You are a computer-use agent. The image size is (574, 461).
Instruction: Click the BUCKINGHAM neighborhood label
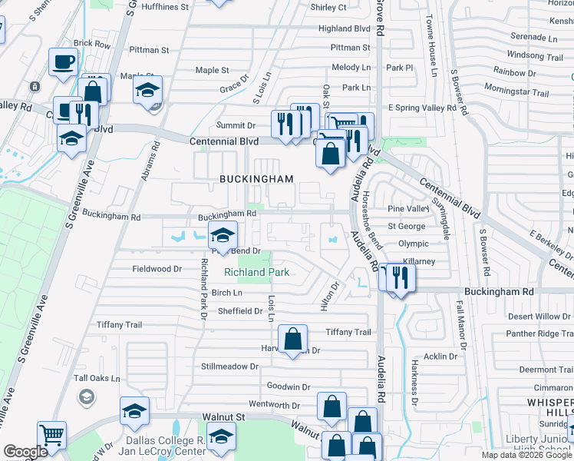(256, 179)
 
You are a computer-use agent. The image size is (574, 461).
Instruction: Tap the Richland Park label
(256, 272)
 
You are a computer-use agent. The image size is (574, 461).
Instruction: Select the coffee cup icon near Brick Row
(63, 61)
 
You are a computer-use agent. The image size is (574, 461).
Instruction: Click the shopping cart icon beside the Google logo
(51, 435)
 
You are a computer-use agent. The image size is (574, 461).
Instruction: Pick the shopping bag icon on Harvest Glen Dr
(293, 338)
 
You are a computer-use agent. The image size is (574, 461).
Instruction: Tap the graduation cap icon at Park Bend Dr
(223, 235)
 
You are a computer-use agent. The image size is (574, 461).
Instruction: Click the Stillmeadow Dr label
(229, 366)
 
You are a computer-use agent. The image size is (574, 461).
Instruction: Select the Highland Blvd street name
(345, 28)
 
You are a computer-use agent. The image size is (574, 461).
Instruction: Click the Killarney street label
(417, 262)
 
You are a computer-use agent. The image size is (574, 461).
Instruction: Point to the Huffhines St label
(165, 7)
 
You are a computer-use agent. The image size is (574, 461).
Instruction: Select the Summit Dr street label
(235, 125)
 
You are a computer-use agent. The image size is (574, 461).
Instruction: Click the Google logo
(26, 452)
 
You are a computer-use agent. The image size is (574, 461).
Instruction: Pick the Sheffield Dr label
(240, 311)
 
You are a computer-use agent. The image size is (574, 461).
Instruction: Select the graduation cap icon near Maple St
(147, 90)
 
